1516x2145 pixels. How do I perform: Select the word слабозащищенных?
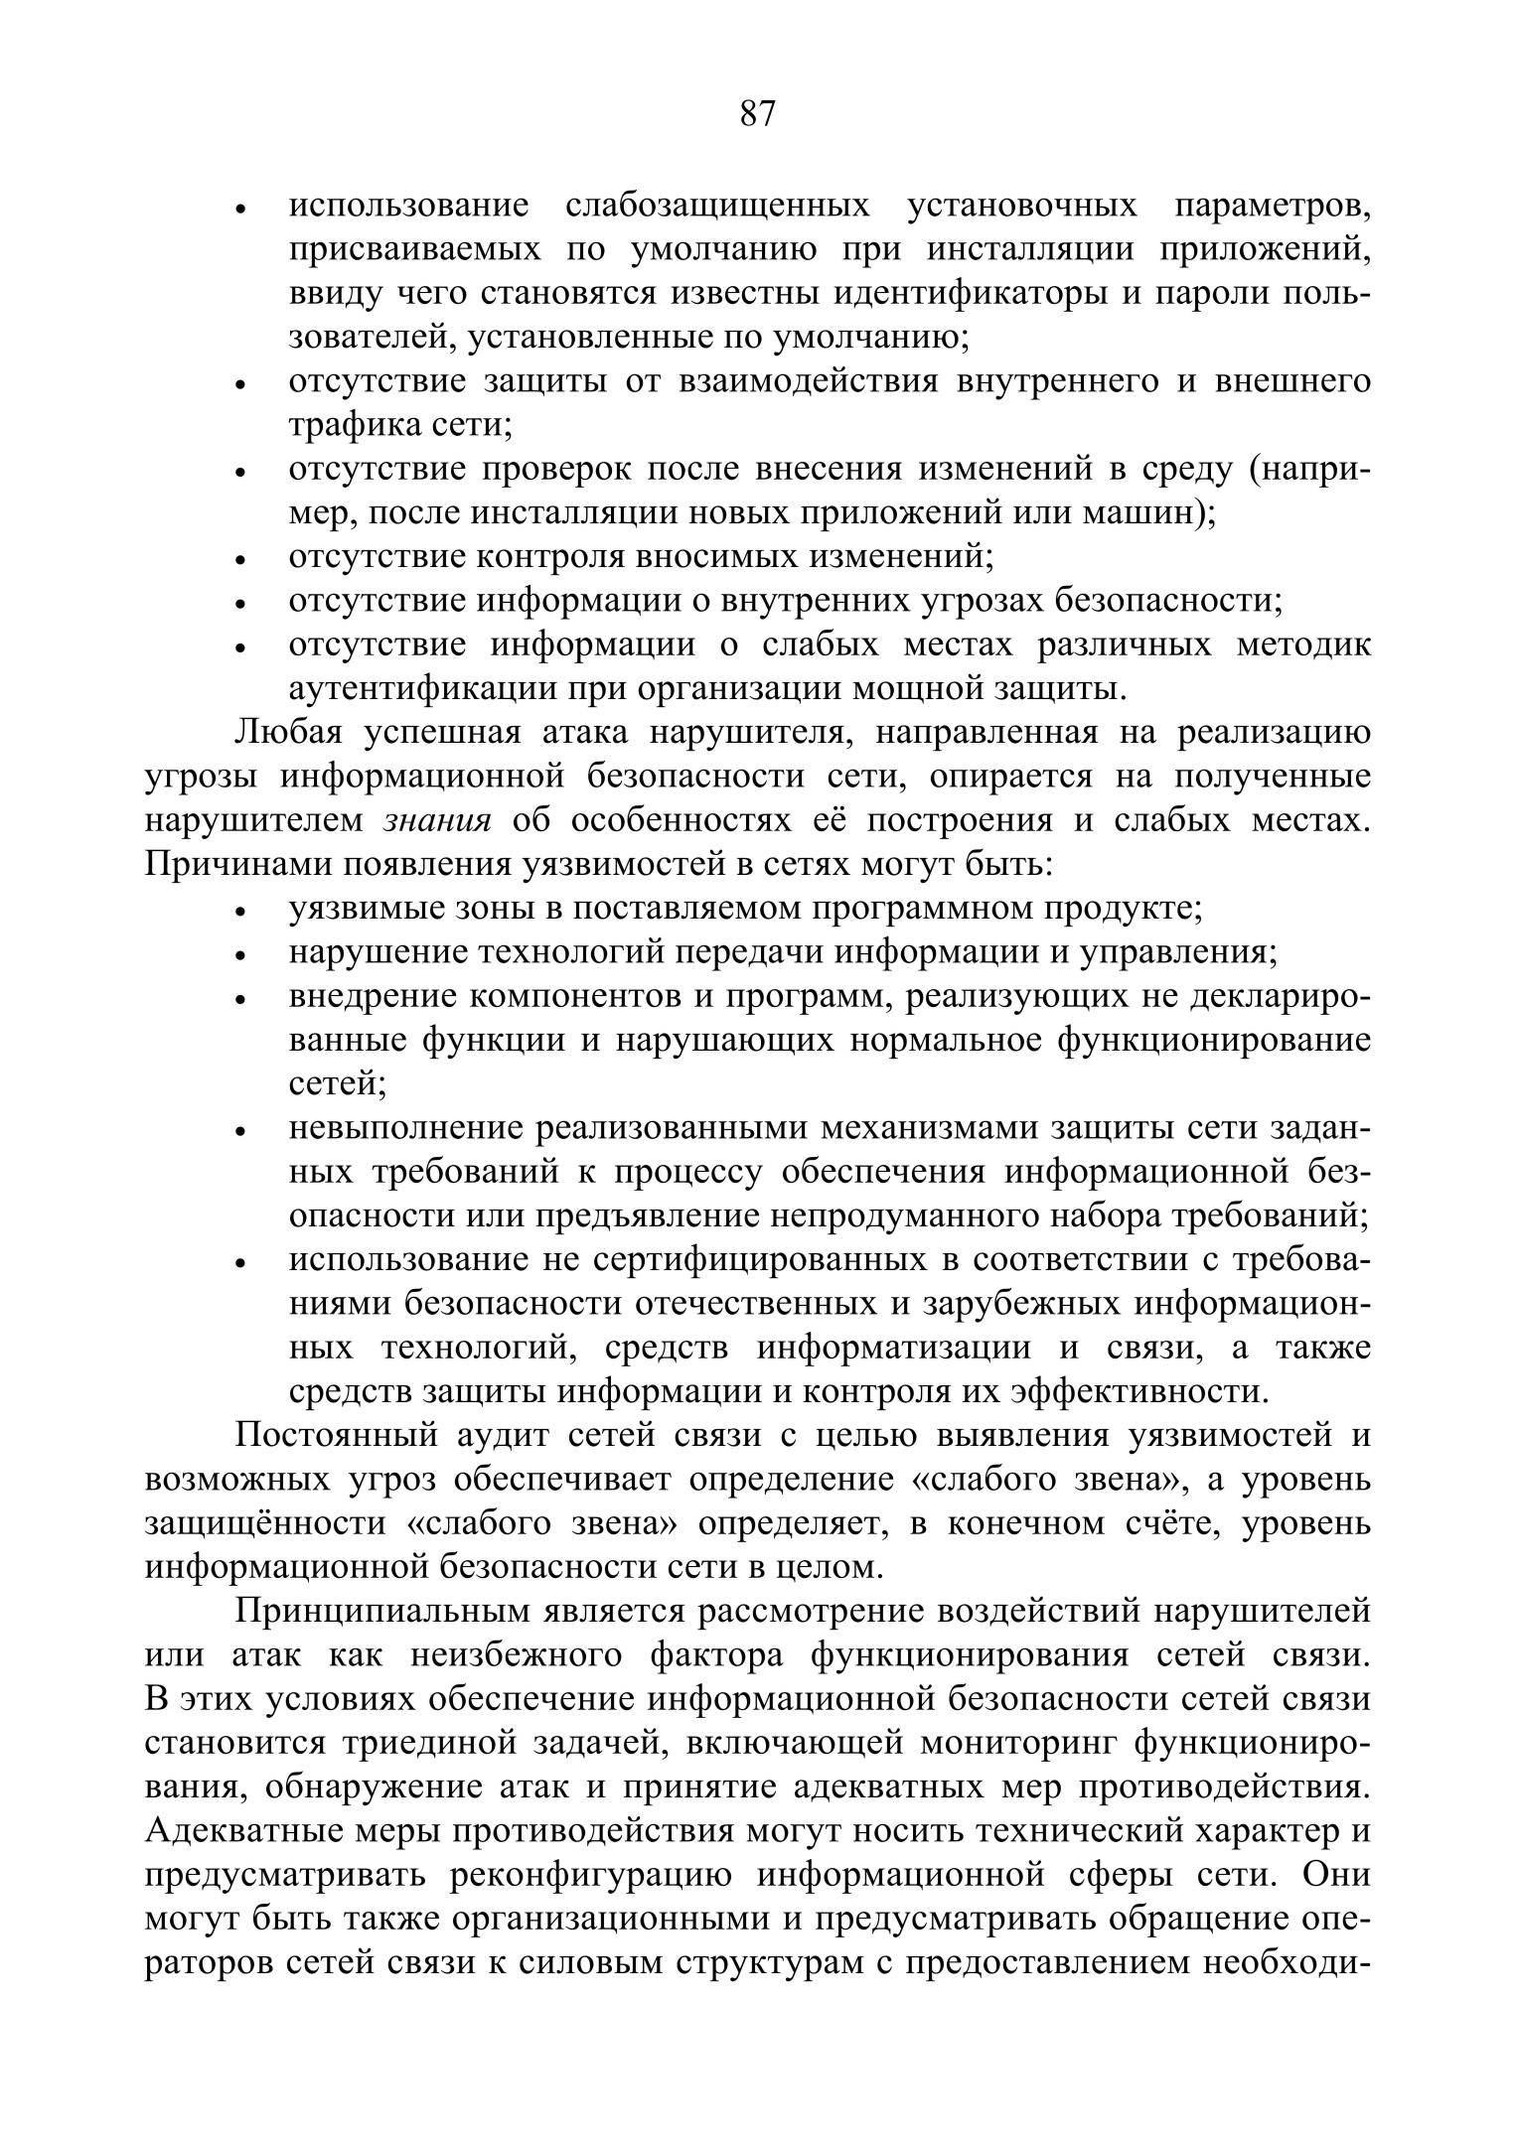click(717, 207)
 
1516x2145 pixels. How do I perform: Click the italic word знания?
click(438, 820)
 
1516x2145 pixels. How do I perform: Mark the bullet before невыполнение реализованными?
click(239, 1131)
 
